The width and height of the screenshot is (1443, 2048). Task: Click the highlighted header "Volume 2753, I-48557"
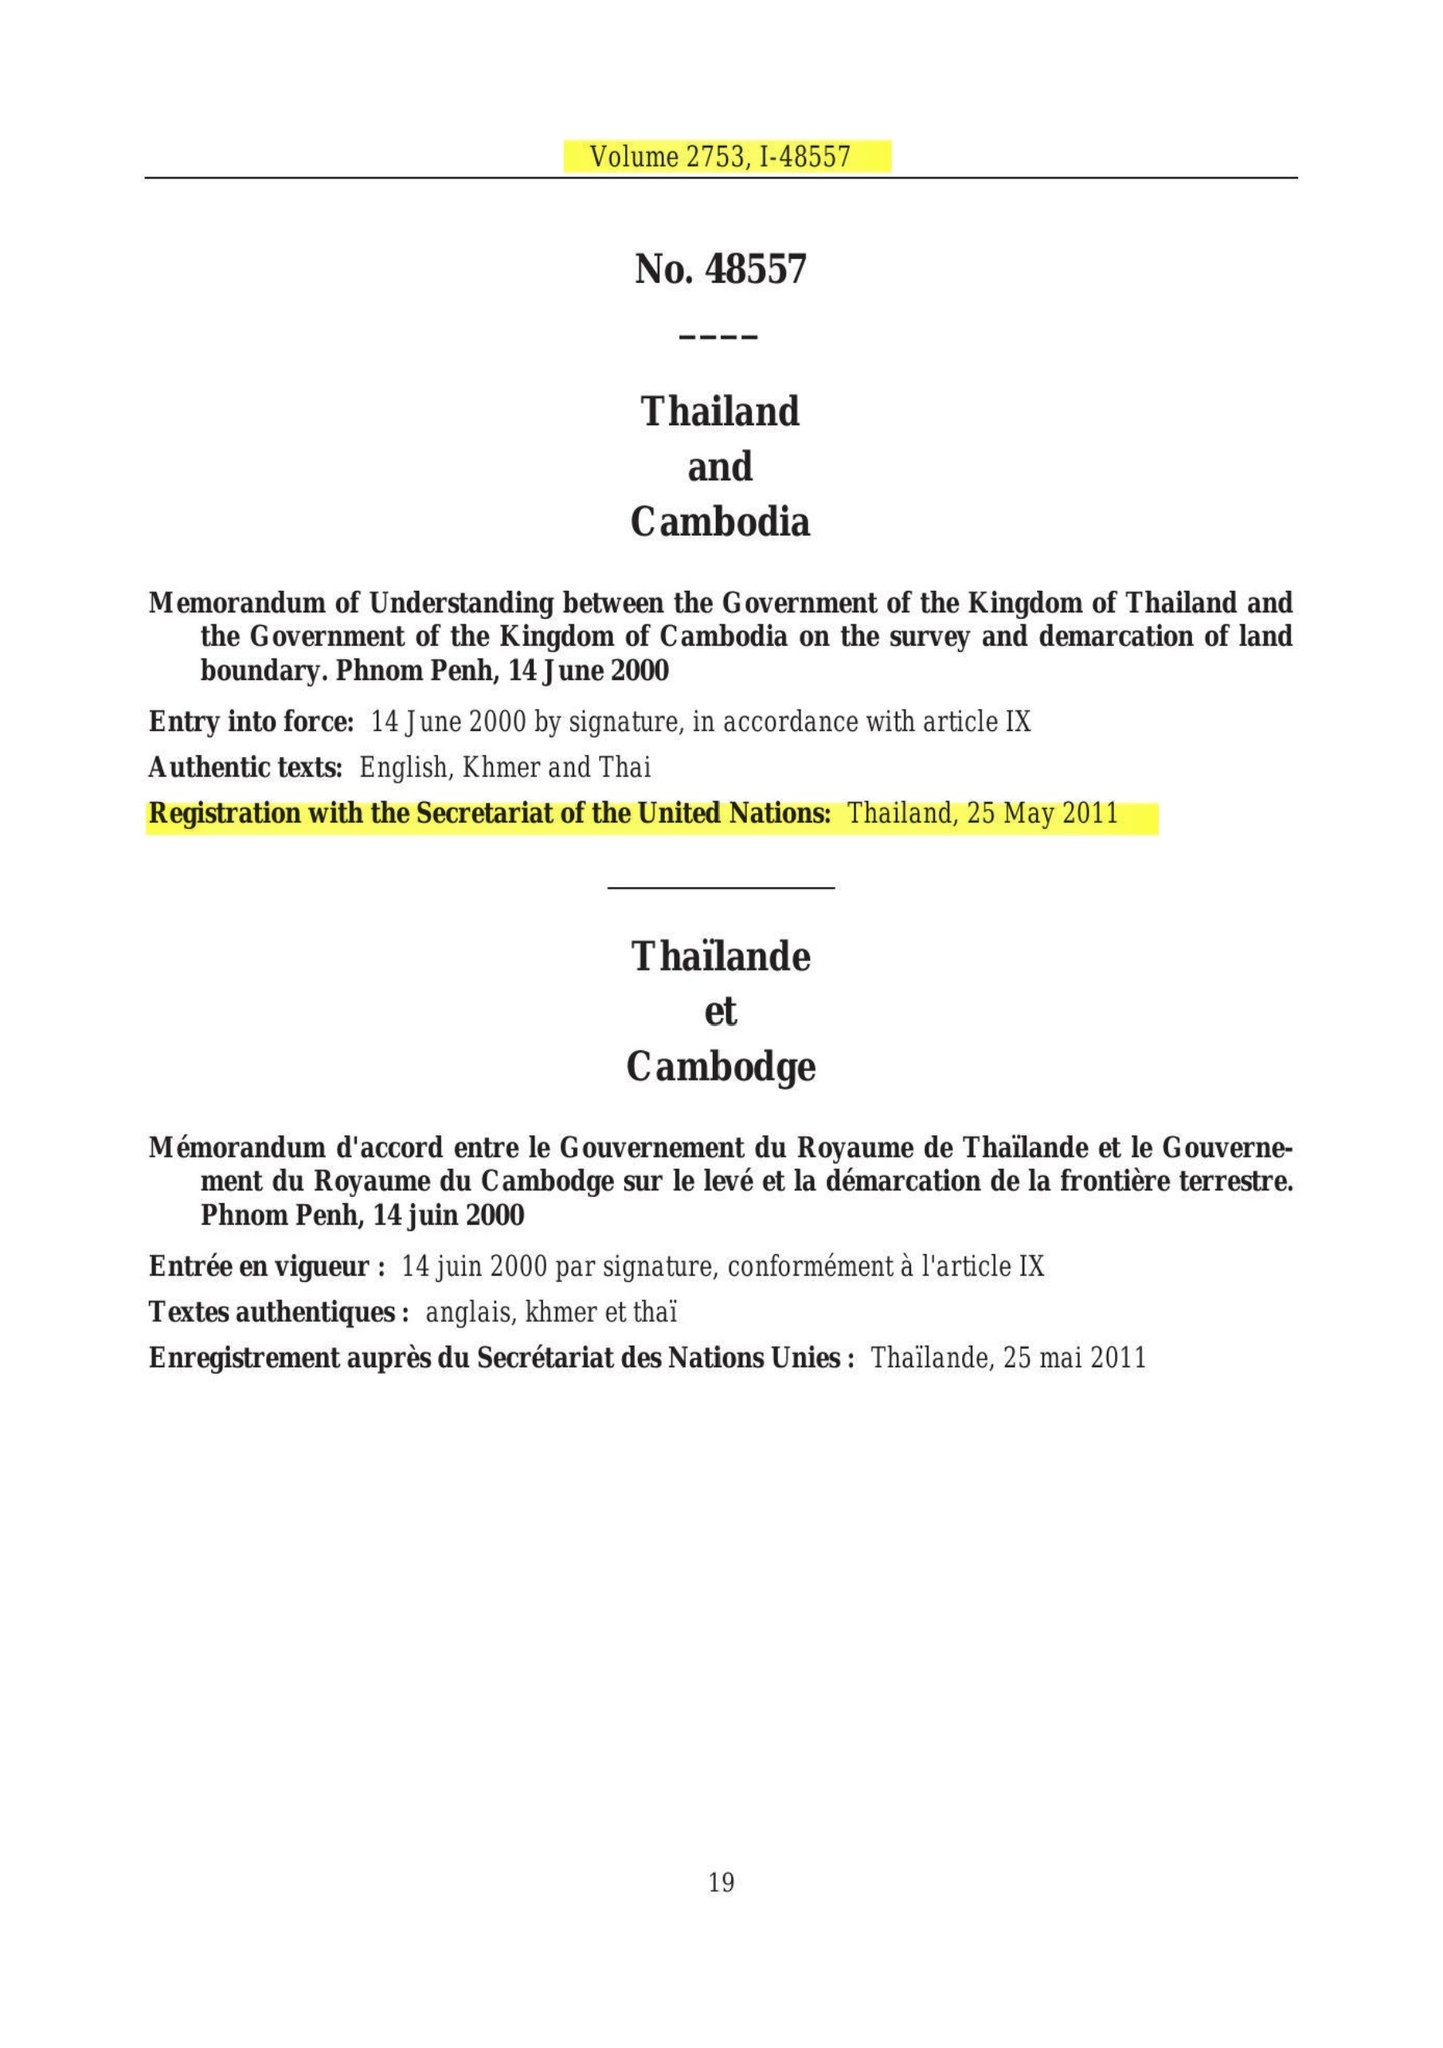720,157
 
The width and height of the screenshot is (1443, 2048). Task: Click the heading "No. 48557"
720,269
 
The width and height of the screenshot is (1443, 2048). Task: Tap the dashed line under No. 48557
719,336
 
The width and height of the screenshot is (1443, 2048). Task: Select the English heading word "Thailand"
720,411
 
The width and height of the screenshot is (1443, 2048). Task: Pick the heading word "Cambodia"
720,521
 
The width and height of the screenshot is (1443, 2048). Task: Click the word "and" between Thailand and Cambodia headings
720,467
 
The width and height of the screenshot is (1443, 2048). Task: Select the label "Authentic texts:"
246,768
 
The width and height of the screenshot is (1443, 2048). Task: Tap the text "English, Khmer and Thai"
505,768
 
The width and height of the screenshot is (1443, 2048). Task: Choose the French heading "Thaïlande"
720,957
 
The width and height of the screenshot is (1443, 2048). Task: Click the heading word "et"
720,1012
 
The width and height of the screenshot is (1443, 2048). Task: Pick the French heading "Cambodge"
720,1067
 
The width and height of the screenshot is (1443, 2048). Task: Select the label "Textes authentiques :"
279,1312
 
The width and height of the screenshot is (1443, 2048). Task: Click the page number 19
721,1883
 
